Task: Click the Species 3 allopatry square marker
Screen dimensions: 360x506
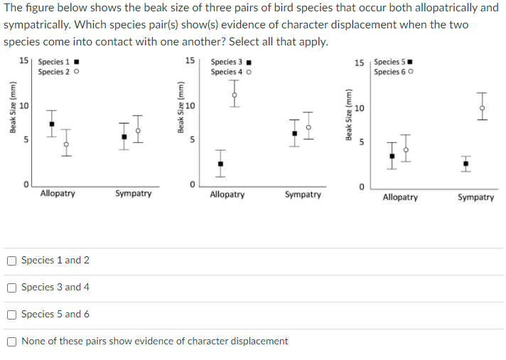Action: pyautogui.click(x=220, y=165)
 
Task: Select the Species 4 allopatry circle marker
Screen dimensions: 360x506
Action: pyautogui.click(x=234, y=92)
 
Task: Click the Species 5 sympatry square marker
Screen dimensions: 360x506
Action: pyautogui.click(x=465, y=165)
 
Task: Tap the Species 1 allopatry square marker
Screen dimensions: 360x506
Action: pyautogui.click(x=51, y=124)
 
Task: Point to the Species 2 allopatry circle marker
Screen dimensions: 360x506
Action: pyautogui.click(x=65, y=143)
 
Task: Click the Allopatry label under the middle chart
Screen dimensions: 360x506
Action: pyautogui.click(x=227, y=194)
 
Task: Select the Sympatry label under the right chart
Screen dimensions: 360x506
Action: pyautogui.click(x=475, y=197)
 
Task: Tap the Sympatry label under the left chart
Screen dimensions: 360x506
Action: pyautogui.click(x=133, y=193)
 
